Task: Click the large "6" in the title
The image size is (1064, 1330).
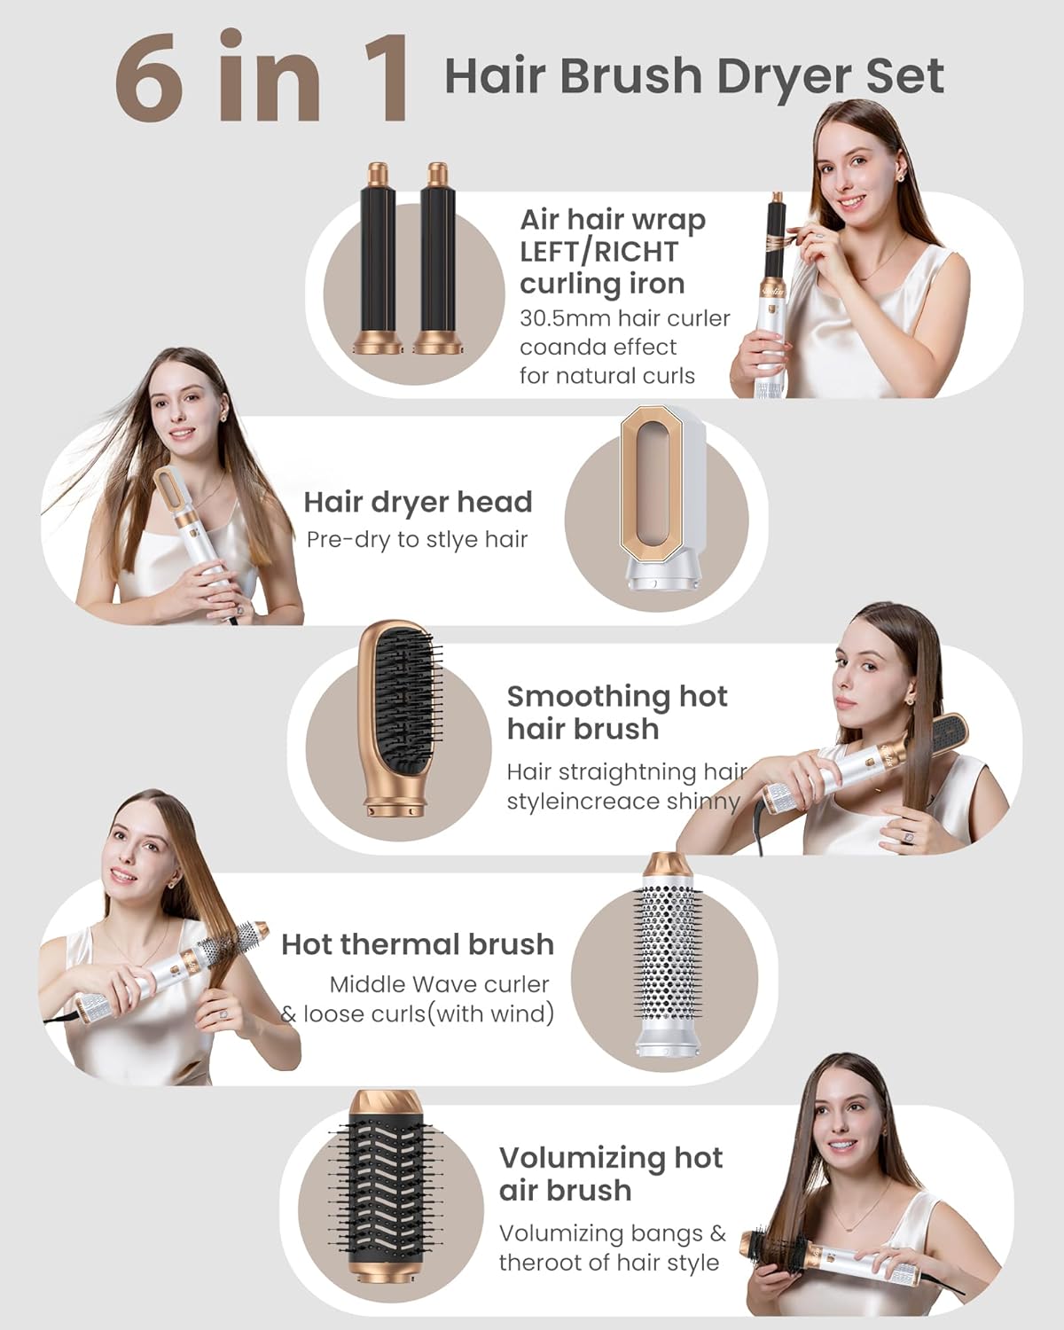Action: (152, 78)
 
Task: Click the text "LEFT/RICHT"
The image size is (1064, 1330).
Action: (598, 252)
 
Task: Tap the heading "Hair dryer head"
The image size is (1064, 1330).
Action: (418, 502)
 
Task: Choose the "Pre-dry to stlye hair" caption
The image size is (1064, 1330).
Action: (417, 539)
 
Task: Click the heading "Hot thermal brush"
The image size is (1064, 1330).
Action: (418, 944)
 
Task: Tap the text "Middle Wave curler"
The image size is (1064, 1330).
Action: (439, 984)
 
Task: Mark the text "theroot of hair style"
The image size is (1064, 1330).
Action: (608, 1263)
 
